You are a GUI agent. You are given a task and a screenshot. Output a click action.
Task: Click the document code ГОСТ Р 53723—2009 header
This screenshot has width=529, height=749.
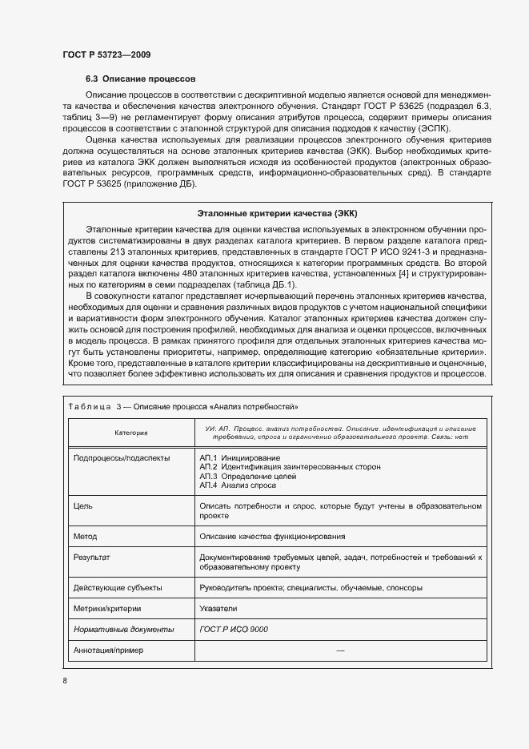pyautogui.click(x=106, y=54)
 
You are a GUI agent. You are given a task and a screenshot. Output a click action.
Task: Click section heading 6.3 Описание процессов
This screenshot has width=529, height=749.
pyautogui.click(x=135, y=79)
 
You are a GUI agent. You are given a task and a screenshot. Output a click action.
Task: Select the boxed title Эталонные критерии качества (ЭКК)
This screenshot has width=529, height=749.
pyautogui.click(x=276, y=213)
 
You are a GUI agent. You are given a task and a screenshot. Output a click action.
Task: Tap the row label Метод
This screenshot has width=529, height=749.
pyautogui.click(x=85, y=536)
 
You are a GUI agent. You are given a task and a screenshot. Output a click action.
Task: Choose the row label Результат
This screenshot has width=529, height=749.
pyautogui.click(x=91, y=556)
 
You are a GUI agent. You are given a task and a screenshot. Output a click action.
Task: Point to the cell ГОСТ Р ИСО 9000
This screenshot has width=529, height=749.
pyautogui.click(x=234, y=629)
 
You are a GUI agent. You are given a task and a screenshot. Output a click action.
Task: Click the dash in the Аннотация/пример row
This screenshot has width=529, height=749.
pyautogui.click(x=340, y=650)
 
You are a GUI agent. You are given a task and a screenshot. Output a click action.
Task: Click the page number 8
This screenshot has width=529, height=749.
pyautogui.click(x=64, y=681)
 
